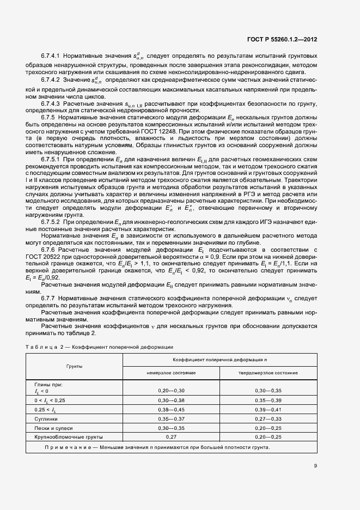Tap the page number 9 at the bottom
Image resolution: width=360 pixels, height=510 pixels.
coord(315,465)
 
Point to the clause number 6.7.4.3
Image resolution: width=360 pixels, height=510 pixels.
coord(51,103)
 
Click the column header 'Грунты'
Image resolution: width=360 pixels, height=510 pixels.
coord(75,367)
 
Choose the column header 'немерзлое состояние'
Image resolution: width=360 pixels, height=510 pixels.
coord(171,373)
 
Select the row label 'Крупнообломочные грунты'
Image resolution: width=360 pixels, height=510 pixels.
coord(69,437)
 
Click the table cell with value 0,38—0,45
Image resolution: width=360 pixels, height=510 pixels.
coord(171,409)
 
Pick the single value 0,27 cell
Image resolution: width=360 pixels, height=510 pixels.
coord(171,437)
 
